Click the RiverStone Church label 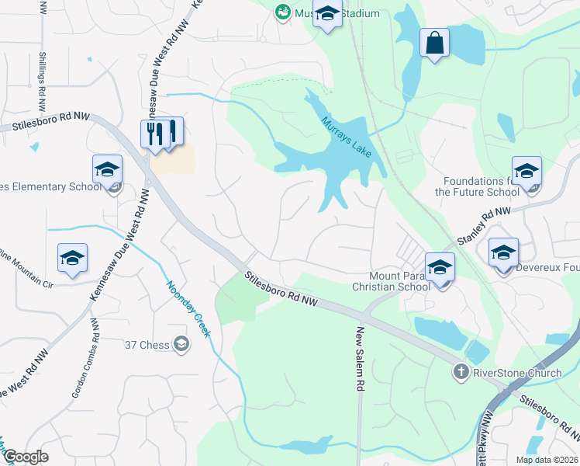coord(507,372)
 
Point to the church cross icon coord(460,372)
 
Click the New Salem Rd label coord(360,359)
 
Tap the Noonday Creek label coord(187,308)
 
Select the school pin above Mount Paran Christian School coord(440,268)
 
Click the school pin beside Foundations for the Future coord(526,171)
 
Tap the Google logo coord(26,457)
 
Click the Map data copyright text coord(546,460)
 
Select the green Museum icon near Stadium coord(282,12)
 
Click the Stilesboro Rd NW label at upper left coord(46,122)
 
